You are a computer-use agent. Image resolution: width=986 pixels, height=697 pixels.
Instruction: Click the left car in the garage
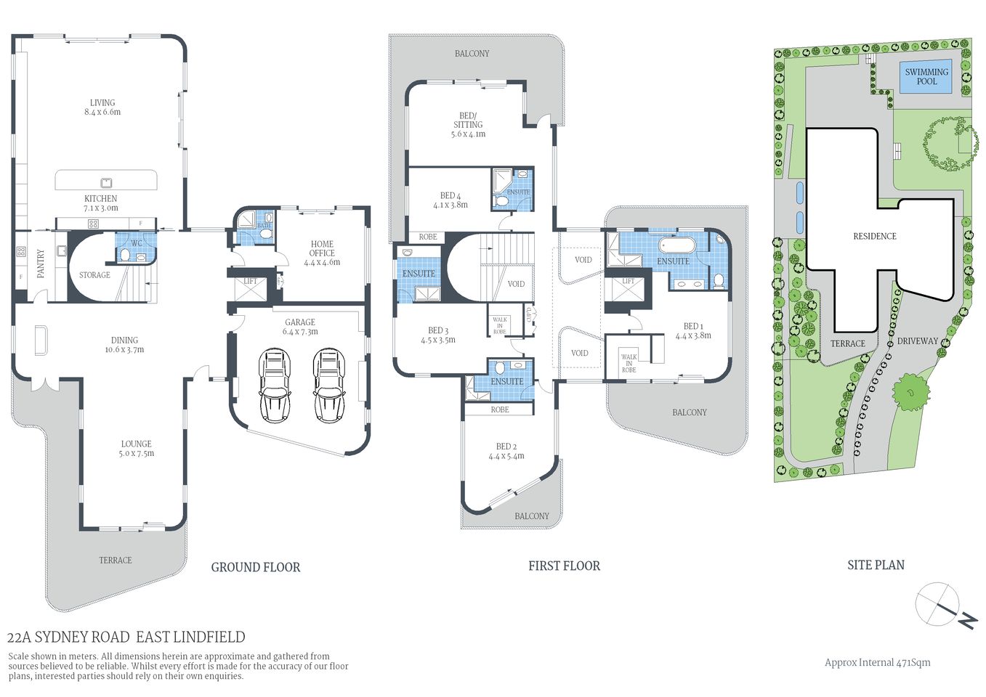point(274,386)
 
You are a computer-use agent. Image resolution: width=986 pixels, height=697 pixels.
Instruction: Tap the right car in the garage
point(328,386)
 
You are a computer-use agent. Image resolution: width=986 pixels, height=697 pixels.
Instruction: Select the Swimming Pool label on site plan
point(926,76)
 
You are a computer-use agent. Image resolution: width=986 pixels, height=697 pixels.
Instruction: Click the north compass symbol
point(945,606)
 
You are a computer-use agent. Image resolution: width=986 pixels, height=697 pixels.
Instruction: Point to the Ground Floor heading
point(255,567)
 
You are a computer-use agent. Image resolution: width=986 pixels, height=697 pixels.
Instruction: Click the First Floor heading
point(564,566)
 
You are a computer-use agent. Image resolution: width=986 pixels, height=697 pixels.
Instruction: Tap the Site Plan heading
point(876,565)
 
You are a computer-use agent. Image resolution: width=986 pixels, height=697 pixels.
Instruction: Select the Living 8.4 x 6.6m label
point(102,107)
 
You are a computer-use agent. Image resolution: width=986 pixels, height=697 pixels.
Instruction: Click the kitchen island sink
point(106,182)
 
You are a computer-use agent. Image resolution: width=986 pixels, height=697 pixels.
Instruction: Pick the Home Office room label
point(322,253)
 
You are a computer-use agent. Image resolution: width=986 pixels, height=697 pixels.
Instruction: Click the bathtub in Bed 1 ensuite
point(676,243)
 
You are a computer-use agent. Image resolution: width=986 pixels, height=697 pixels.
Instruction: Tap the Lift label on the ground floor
point(250,281)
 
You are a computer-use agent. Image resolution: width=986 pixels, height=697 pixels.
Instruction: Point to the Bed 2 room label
point(506,451)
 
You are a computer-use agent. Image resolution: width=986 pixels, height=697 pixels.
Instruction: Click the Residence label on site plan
point(874,236)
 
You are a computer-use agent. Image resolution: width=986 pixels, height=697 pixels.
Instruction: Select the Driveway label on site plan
point(917,341)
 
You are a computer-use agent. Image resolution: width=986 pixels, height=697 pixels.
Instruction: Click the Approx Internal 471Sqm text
point(877,662)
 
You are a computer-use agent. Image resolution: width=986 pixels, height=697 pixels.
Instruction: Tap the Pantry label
point(41,263)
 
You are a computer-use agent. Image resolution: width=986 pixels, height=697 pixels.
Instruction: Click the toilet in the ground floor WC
point(124,255)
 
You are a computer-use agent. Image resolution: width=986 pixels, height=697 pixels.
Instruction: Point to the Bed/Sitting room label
point(468,125)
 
